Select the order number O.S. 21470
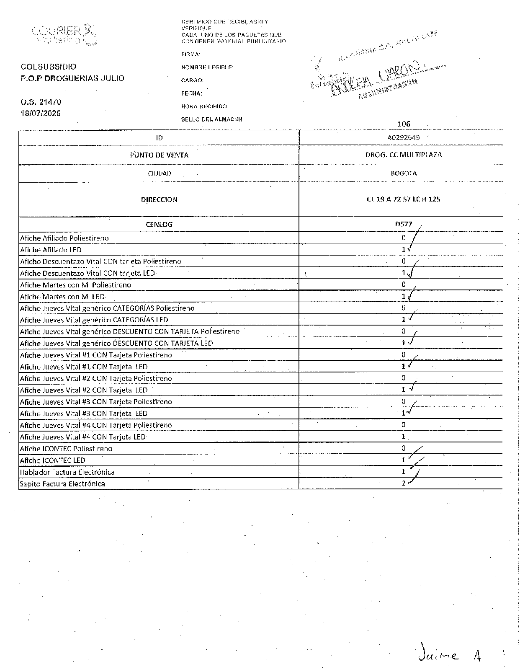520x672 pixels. pos(41,101)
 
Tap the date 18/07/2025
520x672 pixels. pos(41,113)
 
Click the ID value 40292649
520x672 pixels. pos(404,137)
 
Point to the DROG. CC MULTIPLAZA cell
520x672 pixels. pos(404,155)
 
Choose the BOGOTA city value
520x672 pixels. pos(404,173)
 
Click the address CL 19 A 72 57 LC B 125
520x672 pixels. pos(403,199)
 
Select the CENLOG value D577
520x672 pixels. pos(404,224)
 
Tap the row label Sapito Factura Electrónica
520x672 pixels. pos(62,484)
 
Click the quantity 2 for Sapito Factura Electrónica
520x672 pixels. pos(403,483)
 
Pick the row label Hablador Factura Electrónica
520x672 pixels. pos(67,472)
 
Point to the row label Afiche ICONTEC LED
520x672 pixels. pos(53,460)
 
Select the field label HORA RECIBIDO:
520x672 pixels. pos(205,106)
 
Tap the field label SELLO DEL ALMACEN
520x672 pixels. pos(211,119)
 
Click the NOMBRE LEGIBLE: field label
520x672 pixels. pos(207,67)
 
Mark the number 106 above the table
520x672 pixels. pos(404,124)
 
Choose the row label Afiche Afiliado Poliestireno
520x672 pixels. pos(64,238)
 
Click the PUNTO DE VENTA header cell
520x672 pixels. pos(159,155)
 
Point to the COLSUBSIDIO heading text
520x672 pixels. pos(49,67)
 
